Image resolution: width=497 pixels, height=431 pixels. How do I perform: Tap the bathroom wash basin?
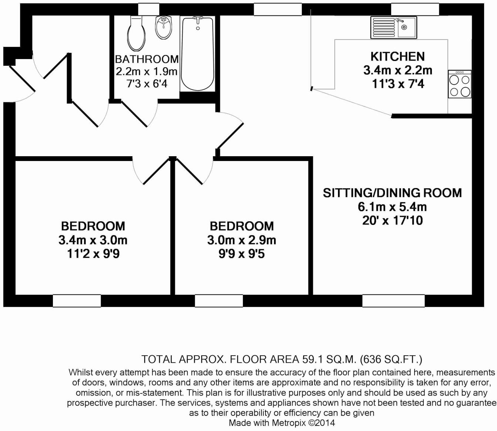click(x=163, y=27)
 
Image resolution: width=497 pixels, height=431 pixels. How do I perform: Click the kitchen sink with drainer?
click(x=393, y=27)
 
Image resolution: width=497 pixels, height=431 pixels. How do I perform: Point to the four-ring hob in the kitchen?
click(x=460, y=85)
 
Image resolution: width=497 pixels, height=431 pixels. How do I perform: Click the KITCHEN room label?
click(x=398, y=57)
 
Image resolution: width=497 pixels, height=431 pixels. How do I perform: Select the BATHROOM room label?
click(x=146, y=59)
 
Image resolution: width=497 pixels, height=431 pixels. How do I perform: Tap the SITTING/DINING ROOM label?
click(x=392, y=193)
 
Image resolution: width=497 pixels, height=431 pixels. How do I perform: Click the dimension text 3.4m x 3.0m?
click(x=93, y=240)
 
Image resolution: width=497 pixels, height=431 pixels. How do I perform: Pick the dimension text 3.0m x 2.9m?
click(x=241, y=240)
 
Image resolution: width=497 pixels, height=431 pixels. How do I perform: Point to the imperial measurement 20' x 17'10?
click(x=392, y=220)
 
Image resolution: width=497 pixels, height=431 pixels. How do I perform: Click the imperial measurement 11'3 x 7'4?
click(x=398, y=84)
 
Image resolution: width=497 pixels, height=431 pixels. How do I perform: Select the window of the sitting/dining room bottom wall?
click(x=393, y=301)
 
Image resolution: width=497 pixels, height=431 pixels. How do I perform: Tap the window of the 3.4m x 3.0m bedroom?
click(x=77, y=301)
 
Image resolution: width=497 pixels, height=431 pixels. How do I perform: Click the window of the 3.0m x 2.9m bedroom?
click(x=219, y=301)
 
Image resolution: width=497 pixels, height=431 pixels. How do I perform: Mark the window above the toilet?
click(x=149, y=9)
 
